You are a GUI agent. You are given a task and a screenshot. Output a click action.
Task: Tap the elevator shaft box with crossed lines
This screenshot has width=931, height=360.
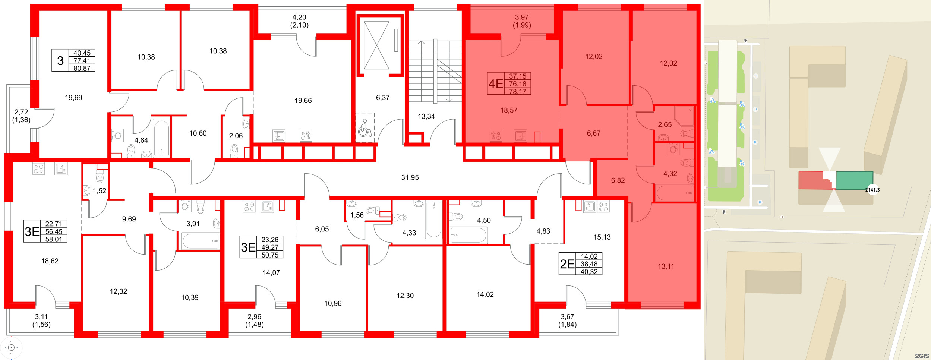(376, 45)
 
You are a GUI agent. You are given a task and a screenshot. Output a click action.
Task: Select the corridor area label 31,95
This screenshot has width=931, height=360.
(410, 178)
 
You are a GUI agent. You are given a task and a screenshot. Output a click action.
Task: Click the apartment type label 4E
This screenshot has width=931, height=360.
(496, 84)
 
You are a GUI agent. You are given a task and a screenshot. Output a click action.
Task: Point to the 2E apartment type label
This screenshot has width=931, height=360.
(567, 264)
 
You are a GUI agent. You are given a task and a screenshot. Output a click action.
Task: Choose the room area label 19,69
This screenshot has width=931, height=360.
(73, 98)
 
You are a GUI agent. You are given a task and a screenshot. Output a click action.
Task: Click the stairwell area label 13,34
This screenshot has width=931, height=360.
(426, 117)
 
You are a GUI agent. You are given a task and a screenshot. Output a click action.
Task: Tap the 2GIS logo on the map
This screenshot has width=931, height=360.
(922, 356)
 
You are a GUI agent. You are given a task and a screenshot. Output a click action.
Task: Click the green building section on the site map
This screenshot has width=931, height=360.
(854, 180)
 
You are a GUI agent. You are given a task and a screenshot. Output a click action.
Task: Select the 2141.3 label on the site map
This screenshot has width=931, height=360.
(872, 190)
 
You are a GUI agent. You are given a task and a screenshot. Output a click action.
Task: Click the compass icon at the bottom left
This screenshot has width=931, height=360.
(11, 348)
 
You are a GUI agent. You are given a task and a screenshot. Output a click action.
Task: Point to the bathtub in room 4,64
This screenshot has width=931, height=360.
(161, 138)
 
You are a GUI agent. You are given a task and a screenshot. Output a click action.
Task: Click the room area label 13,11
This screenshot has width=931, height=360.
(666, 267)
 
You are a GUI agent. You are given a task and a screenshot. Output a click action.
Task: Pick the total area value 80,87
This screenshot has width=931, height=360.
(82, 69)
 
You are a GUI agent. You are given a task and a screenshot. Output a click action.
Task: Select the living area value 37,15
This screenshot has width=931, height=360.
(517, 76)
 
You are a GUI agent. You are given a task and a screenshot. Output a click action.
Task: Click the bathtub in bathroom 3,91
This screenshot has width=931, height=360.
(201, 241)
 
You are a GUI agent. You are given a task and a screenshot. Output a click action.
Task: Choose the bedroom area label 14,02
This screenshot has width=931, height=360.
(485, 295)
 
